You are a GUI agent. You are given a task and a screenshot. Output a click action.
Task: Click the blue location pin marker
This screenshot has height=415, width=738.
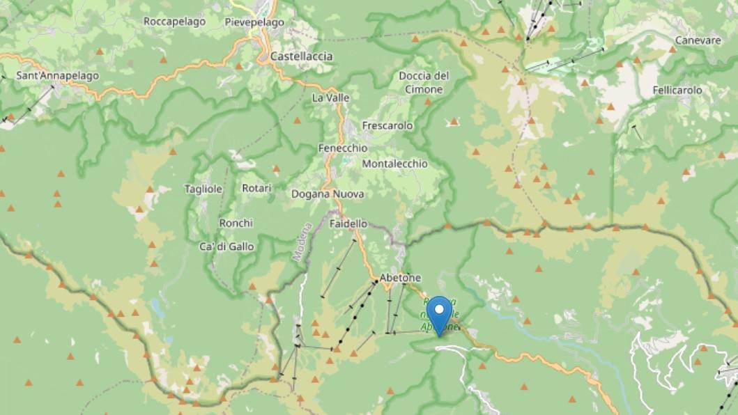pos(439,313)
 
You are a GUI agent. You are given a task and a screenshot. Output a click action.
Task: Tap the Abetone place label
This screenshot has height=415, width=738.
pos(400,278)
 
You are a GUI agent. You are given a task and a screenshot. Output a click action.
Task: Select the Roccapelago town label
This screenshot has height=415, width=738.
pos(174,22)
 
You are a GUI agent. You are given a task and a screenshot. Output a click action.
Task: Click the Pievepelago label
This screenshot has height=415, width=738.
pos(254,22)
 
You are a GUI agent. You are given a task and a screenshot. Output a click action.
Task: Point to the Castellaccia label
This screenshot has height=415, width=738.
pos(301,56)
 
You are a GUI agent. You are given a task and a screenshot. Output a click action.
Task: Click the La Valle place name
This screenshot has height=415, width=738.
pos(330,97)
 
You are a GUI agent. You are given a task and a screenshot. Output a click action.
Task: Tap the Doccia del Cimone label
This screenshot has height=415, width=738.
pos(424,82)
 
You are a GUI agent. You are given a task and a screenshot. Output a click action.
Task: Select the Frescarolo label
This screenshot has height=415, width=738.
pos(387,125)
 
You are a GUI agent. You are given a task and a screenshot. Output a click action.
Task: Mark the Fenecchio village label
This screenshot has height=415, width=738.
pos(342,148)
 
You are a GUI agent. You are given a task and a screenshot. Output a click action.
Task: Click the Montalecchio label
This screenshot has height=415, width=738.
pos(395,163)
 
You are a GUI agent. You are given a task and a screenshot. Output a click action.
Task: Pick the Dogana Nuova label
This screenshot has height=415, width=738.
pos(328,194)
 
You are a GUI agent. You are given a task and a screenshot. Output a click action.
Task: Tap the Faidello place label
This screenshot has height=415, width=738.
pos(348,224)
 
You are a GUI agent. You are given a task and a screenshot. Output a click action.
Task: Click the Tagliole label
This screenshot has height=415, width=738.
pos(203,189)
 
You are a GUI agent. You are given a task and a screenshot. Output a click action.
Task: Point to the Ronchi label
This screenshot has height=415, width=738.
pos(236,223)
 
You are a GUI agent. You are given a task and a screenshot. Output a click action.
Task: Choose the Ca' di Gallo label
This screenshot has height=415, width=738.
pos(226,246)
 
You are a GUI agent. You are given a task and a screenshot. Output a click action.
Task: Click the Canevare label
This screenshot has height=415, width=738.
pos(698,40)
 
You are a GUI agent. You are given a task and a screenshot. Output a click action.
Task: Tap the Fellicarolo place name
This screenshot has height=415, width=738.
pos(677,91)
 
